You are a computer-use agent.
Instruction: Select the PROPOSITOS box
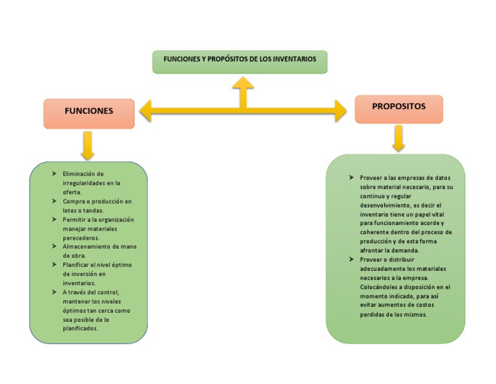[398, 107]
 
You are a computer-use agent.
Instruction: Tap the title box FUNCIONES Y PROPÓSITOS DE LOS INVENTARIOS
[240, 60]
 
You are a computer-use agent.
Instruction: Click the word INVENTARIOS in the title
[294, 59]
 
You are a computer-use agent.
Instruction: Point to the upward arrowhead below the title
[243, 83]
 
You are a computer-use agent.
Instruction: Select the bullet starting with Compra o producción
[96, 201]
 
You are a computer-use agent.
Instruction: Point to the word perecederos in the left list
[81, 238]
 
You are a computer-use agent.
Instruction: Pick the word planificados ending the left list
[80, 328]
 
